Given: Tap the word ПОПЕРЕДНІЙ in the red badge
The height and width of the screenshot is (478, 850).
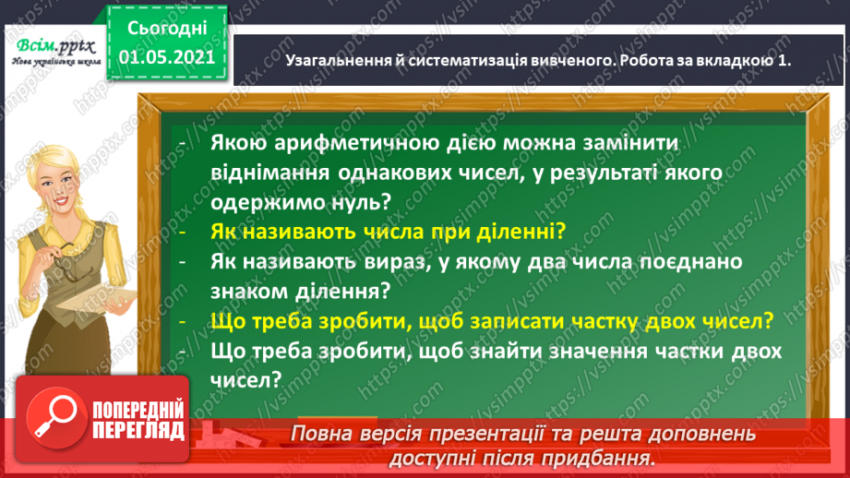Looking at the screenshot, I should click(140, 412).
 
